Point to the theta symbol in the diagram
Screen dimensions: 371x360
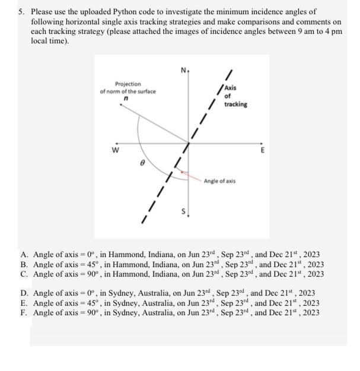point(142,161)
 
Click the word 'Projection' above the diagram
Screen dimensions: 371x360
point(128,84)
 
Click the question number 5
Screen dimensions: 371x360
point(20,11)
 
